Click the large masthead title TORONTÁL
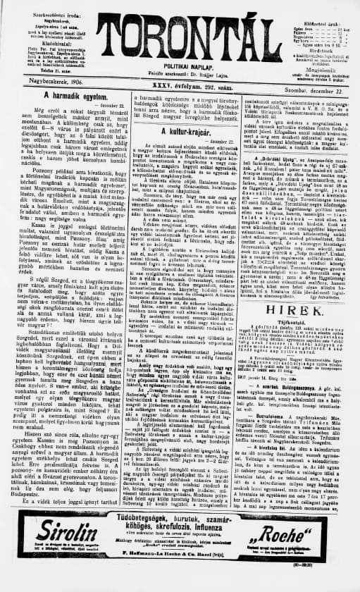coord(180,35)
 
